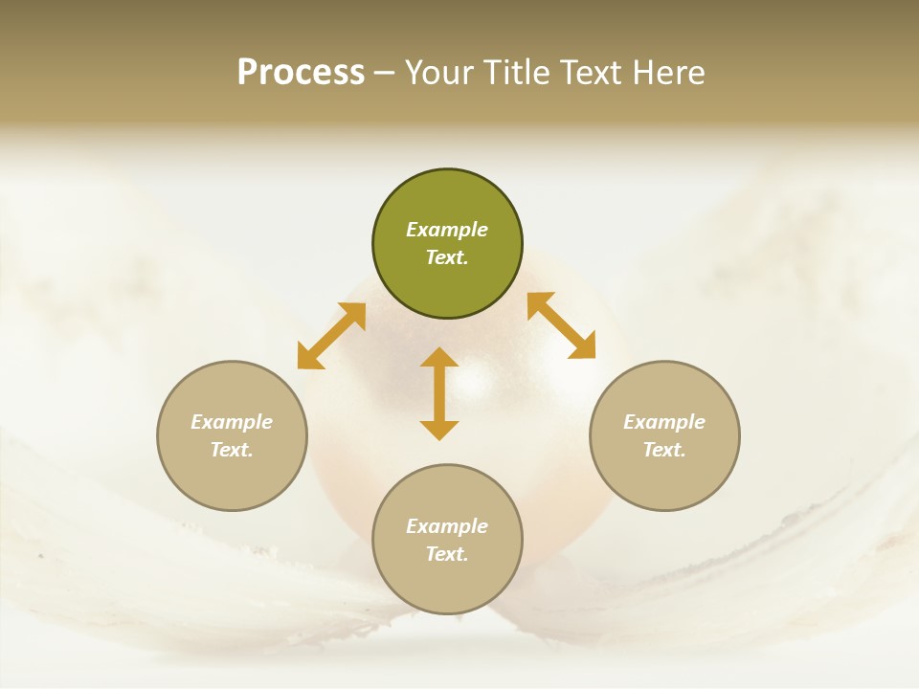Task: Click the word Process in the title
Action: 301,73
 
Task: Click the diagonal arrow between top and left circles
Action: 331,336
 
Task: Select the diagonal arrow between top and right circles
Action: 561,325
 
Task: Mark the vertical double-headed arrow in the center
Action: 439,393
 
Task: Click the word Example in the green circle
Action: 447,230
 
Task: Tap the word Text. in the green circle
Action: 447,257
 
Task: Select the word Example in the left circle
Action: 232,422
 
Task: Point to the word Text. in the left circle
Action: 232,450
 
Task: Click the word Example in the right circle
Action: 664,422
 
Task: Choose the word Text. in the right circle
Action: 664,450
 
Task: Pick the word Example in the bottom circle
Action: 447,526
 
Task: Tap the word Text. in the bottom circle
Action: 447,554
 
